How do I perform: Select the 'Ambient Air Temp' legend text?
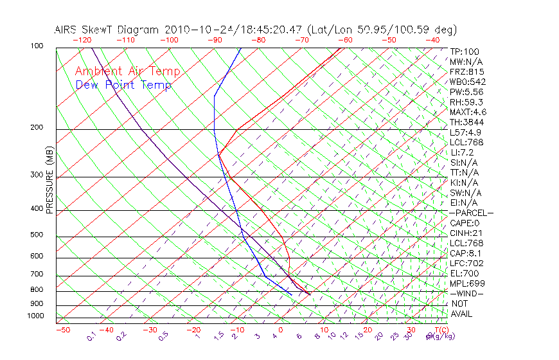click(x=128, y=71)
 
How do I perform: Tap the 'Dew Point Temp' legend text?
click(x=123, y=85)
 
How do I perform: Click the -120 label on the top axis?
click(x=82, y=40)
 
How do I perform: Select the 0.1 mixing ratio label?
click(x=91, y=336)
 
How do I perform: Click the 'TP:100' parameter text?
click(x=465, y=52)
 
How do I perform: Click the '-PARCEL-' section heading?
click(x=471, y=213)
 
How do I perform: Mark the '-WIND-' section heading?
click(x=467, y=293)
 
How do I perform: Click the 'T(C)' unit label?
click(x=436, y=330)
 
